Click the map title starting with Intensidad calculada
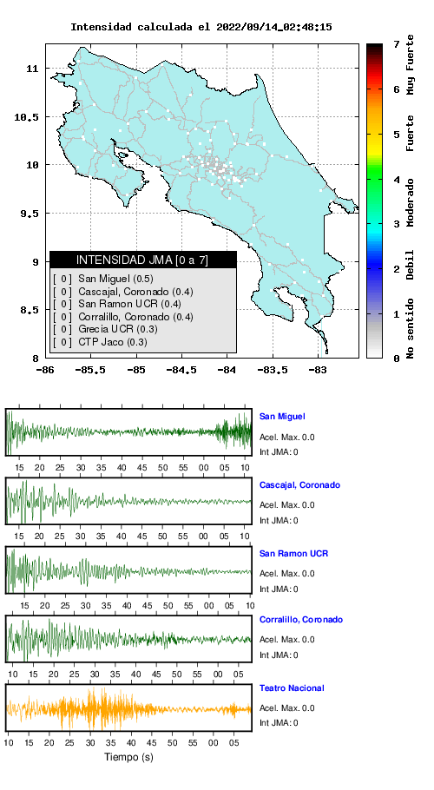tap(201, 27)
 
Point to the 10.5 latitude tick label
tap(27, 117)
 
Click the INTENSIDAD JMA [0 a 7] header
tap(142, 260)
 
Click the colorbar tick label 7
tap(398, 45)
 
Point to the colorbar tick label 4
tap(398, 180)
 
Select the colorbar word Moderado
tap(411, 202)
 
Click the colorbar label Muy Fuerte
tap(411, 64)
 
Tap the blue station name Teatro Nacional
tap(292, 688)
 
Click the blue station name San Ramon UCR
tap(293, 553)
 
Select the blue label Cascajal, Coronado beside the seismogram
tap(299, 485)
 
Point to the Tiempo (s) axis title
tap(128, 757)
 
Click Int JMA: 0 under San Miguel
tap(279, 452)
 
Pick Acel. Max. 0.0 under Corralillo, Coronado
tap(287, 639)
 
